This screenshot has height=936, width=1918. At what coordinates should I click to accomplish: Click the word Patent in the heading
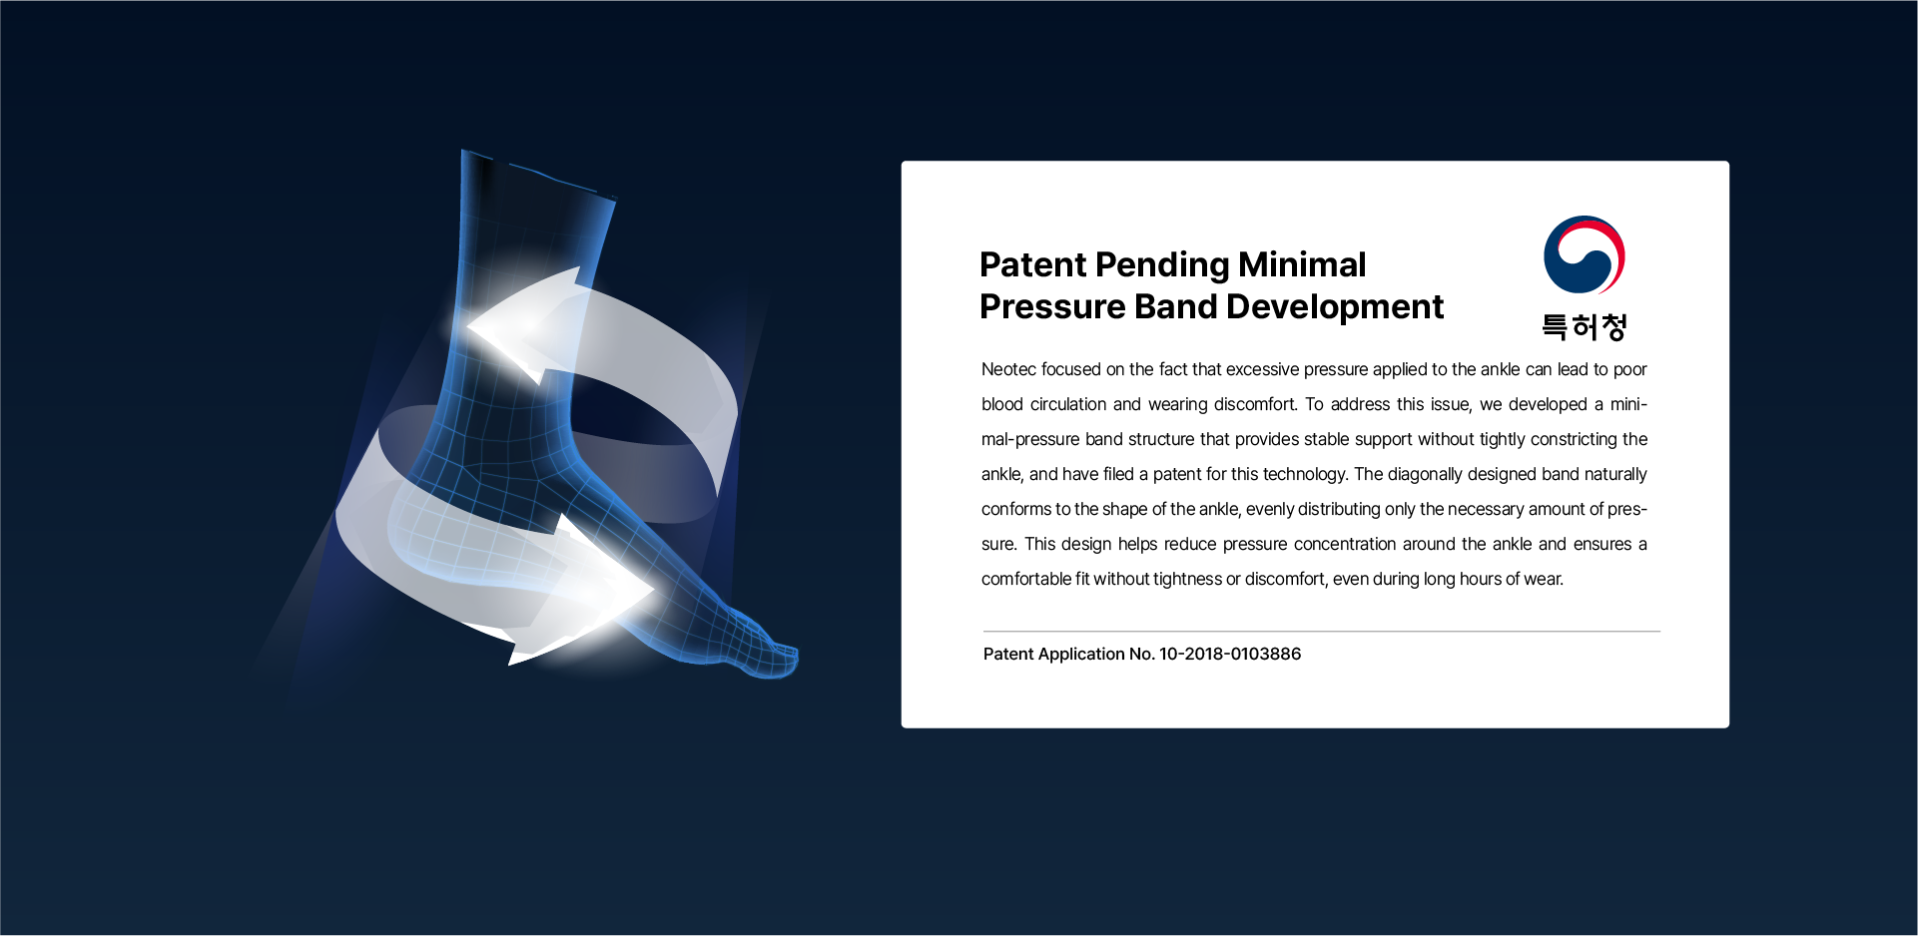click(x=1032, y=264)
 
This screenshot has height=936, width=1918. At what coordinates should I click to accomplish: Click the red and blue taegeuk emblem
click(x=1585, y=254)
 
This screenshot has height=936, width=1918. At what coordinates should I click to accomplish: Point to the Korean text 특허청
click(x=1585, y=326)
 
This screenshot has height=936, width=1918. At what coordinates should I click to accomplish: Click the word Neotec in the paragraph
click(x=1008, y=369)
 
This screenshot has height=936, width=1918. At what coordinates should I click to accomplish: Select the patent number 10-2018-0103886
click(x=1230, y=654)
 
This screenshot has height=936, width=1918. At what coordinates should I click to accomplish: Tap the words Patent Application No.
click(x=1069, y=654)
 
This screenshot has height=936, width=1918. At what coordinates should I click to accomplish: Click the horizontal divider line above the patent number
click(x=1322, y=631)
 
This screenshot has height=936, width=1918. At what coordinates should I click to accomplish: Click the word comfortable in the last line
click(x=1025, y=579)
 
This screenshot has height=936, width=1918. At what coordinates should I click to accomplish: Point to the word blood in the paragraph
click(x=1002, y=404)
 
